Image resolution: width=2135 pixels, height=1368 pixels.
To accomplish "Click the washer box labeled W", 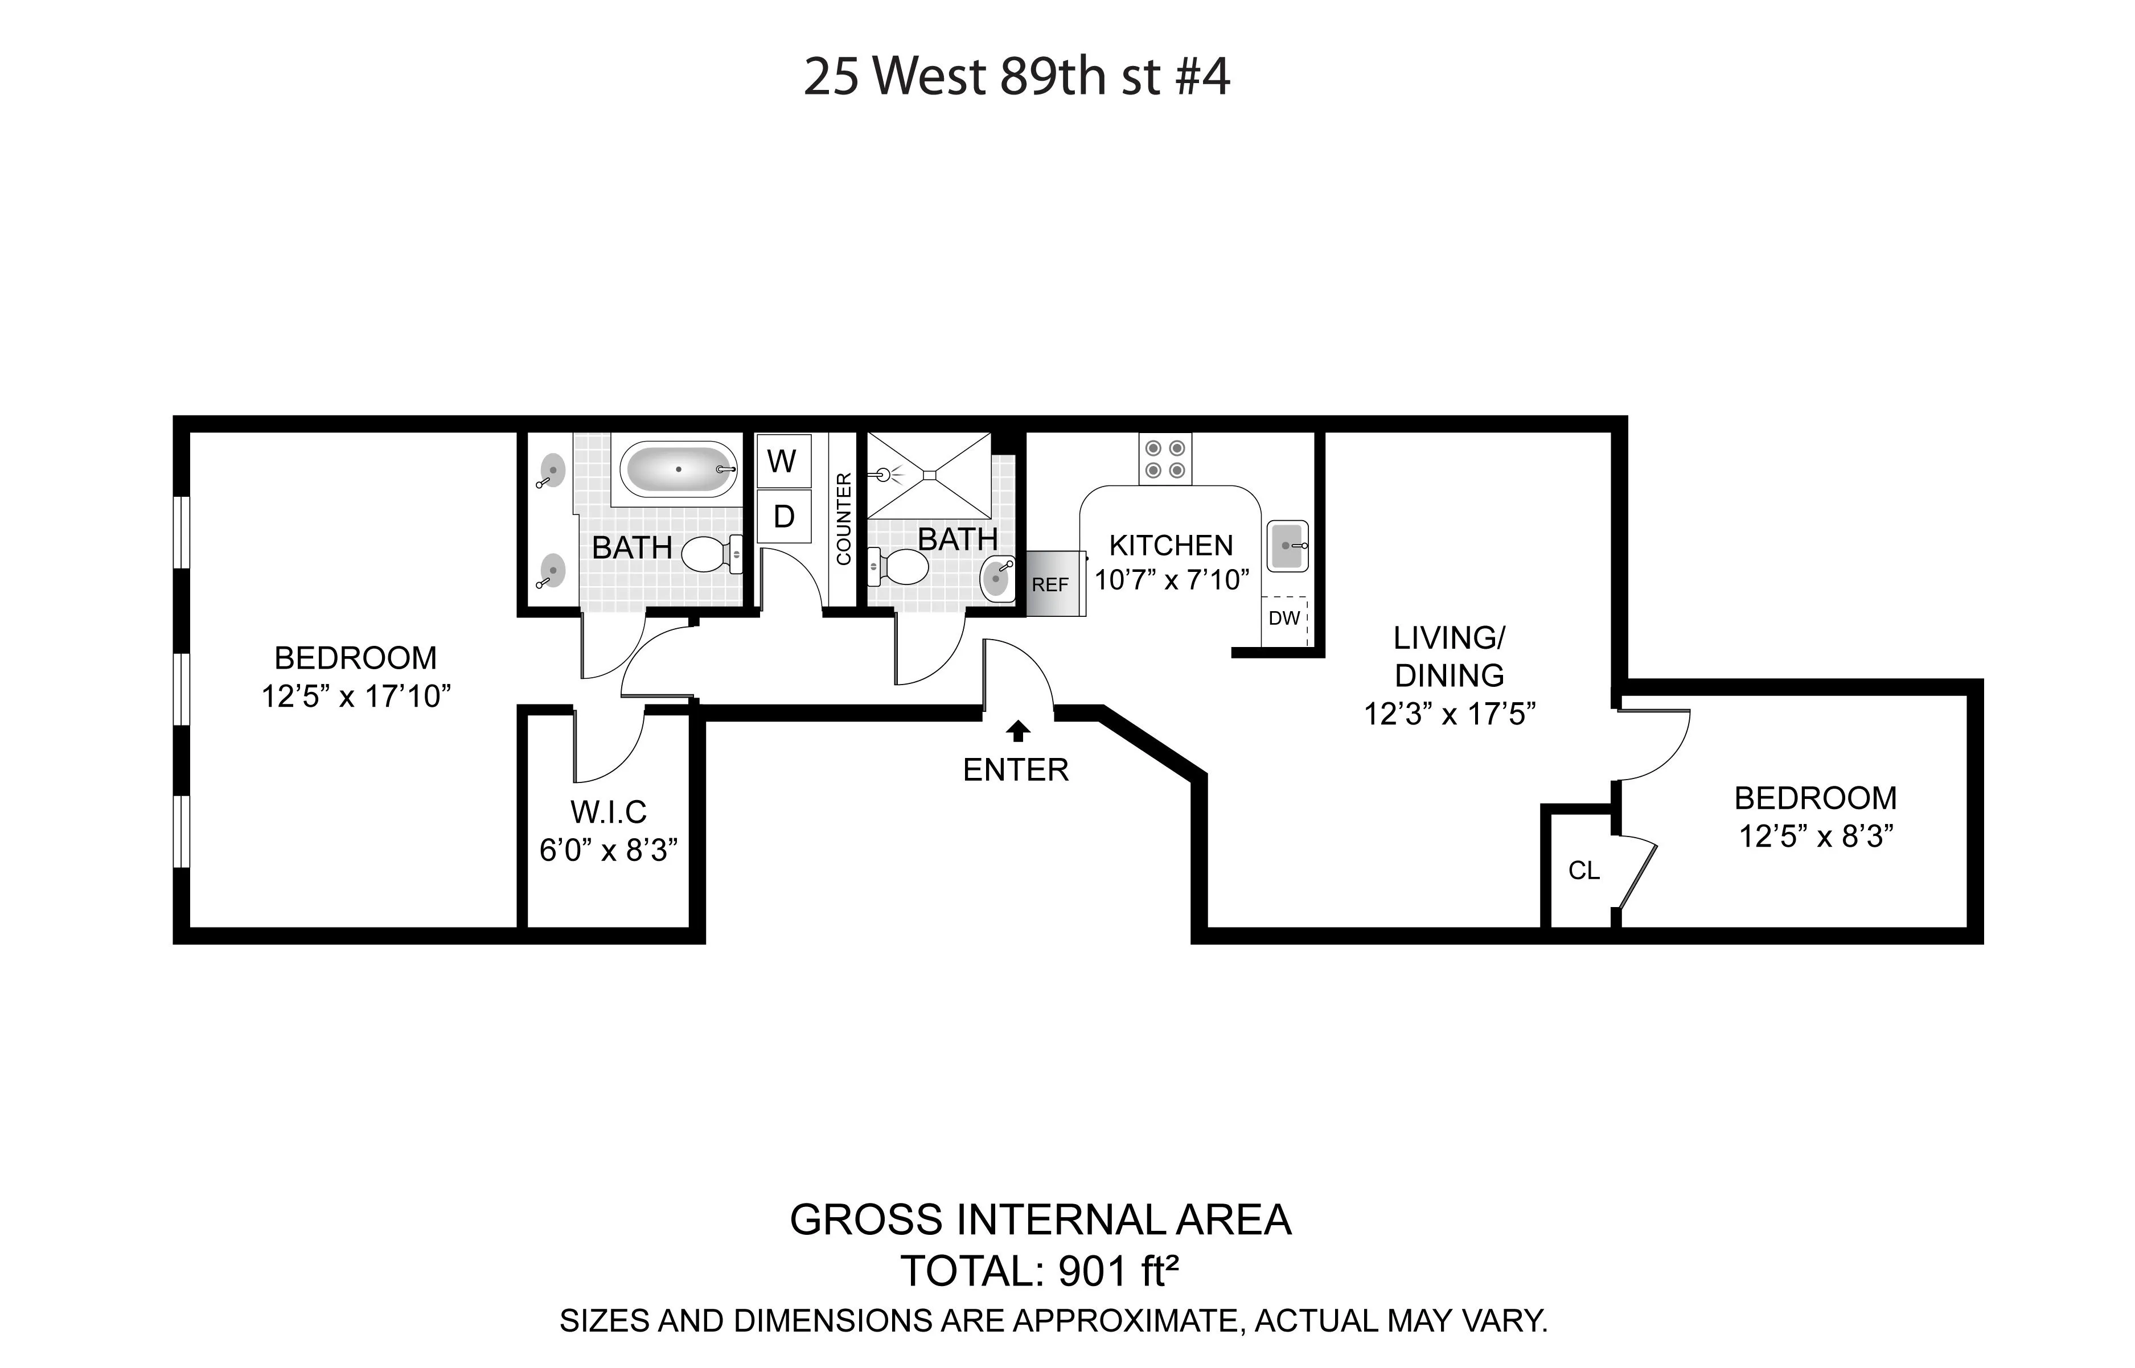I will coord(783,461).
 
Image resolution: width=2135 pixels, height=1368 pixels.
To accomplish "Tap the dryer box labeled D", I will coord(783,516).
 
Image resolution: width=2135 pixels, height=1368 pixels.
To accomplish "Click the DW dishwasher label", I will coord(1284,618).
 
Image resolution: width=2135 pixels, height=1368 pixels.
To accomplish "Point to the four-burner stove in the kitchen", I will coord(1165,460).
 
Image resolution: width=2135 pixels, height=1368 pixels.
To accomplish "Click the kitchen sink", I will coord(1287,545).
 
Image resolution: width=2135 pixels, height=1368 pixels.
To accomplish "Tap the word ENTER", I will coord(1016,770).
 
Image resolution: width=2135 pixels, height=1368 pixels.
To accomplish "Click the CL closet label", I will coord(1583,871).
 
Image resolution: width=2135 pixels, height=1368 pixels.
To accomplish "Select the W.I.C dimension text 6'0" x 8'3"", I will coord(609,851).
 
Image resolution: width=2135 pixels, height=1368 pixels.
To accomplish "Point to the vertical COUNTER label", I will coord(843,519).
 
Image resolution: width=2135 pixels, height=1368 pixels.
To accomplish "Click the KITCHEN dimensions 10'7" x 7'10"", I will coord(1171,580).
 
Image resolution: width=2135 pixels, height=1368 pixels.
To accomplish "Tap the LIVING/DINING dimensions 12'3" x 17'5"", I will coord(1449,714).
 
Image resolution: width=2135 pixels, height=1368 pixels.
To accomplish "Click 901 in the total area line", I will coord(1092,1272).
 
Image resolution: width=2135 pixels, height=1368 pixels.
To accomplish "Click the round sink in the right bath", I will coord(997,580).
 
